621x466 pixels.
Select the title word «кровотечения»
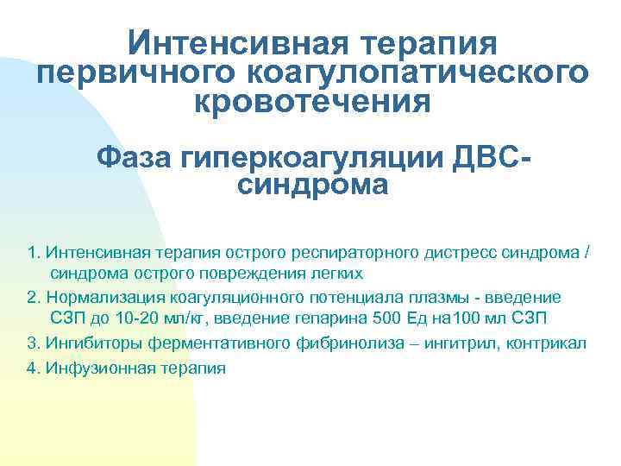click(310, 102)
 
